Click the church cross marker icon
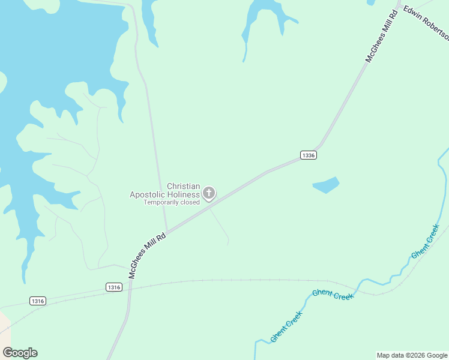pyautogui.click(x=209, y=193)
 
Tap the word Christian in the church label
pyautogui.click(x=183, y=187)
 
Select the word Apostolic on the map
pyautogui.click(x=148, y=194)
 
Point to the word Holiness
pyautogui.click(x=184, y=194)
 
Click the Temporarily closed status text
pyautogui.click(x=171, y=202)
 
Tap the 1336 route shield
pyautogui.click(x=308, y=155)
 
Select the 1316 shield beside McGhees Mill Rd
pyautogui.click(x=114, y=287)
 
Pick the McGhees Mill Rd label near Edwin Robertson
pyautogui.click(x=382, y=36)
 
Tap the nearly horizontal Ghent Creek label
pyautogui.click(x=333, y=294)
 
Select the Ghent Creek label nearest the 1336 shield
pyautogui.click(x=425, y=241)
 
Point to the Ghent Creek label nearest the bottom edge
pyautogui.click(x=286, y=326)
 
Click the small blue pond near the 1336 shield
pyautogui.click(x=326, y=185)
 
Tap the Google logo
pyautogui.click(x=20, y=353)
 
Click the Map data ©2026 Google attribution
pyautogui.click(x=412, y=355)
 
